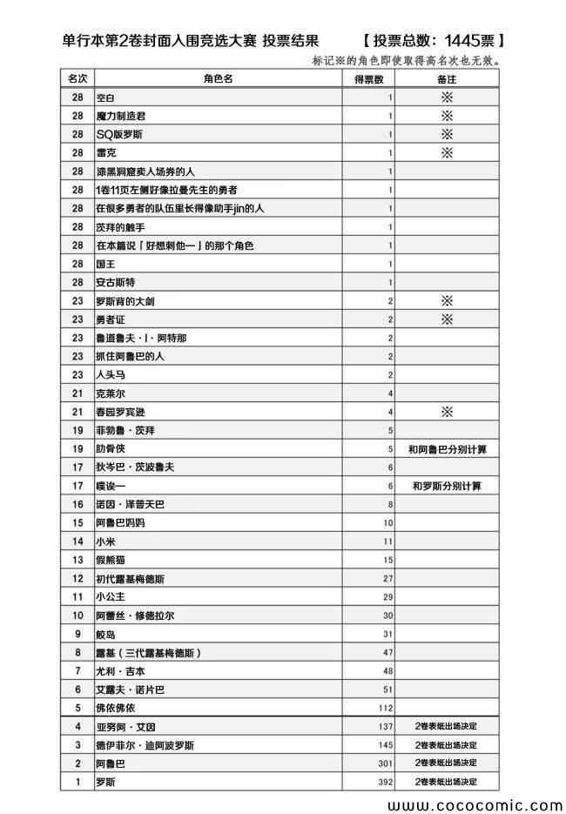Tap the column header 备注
pos(448,79)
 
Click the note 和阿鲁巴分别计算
pos(448,449)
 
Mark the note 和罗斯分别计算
pos(448,486)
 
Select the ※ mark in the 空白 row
pos(448,98)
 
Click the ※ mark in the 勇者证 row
pos(448,319)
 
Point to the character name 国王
pos(105,264)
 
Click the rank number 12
pos(77,578)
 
